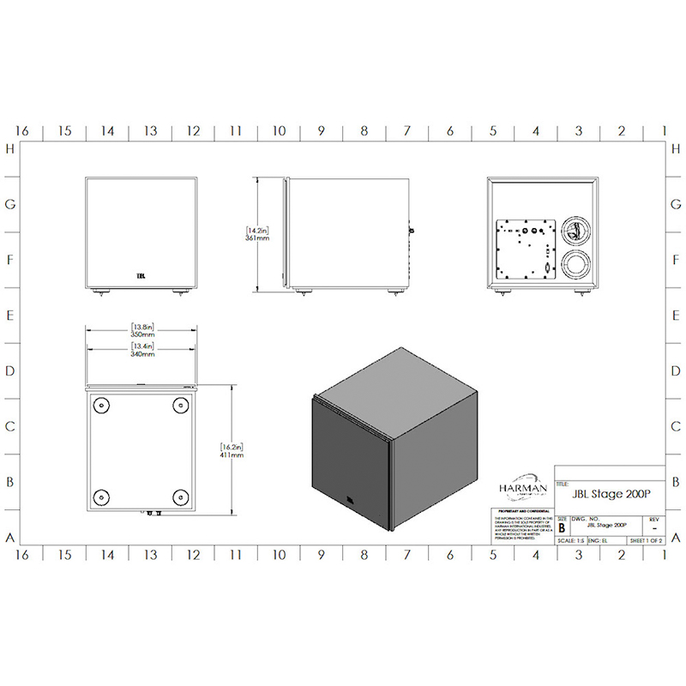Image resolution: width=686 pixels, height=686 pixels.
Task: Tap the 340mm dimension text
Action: coord(142,352)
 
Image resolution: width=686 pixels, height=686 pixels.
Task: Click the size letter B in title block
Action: coord(562,528)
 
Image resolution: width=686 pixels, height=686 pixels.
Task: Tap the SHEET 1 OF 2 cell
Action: coord(647,541)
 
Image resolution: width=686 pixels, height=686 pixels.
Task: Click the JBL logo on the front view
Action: coord(141,276)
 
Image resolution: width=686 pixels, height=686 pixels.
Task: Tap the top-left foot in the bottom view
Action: coord(101,405)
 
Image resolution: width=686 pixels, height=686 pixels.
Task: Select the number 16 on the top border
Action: coord(22,131)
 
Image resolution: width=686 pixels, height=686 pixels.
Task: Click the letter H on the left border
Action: coord(11,149)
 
